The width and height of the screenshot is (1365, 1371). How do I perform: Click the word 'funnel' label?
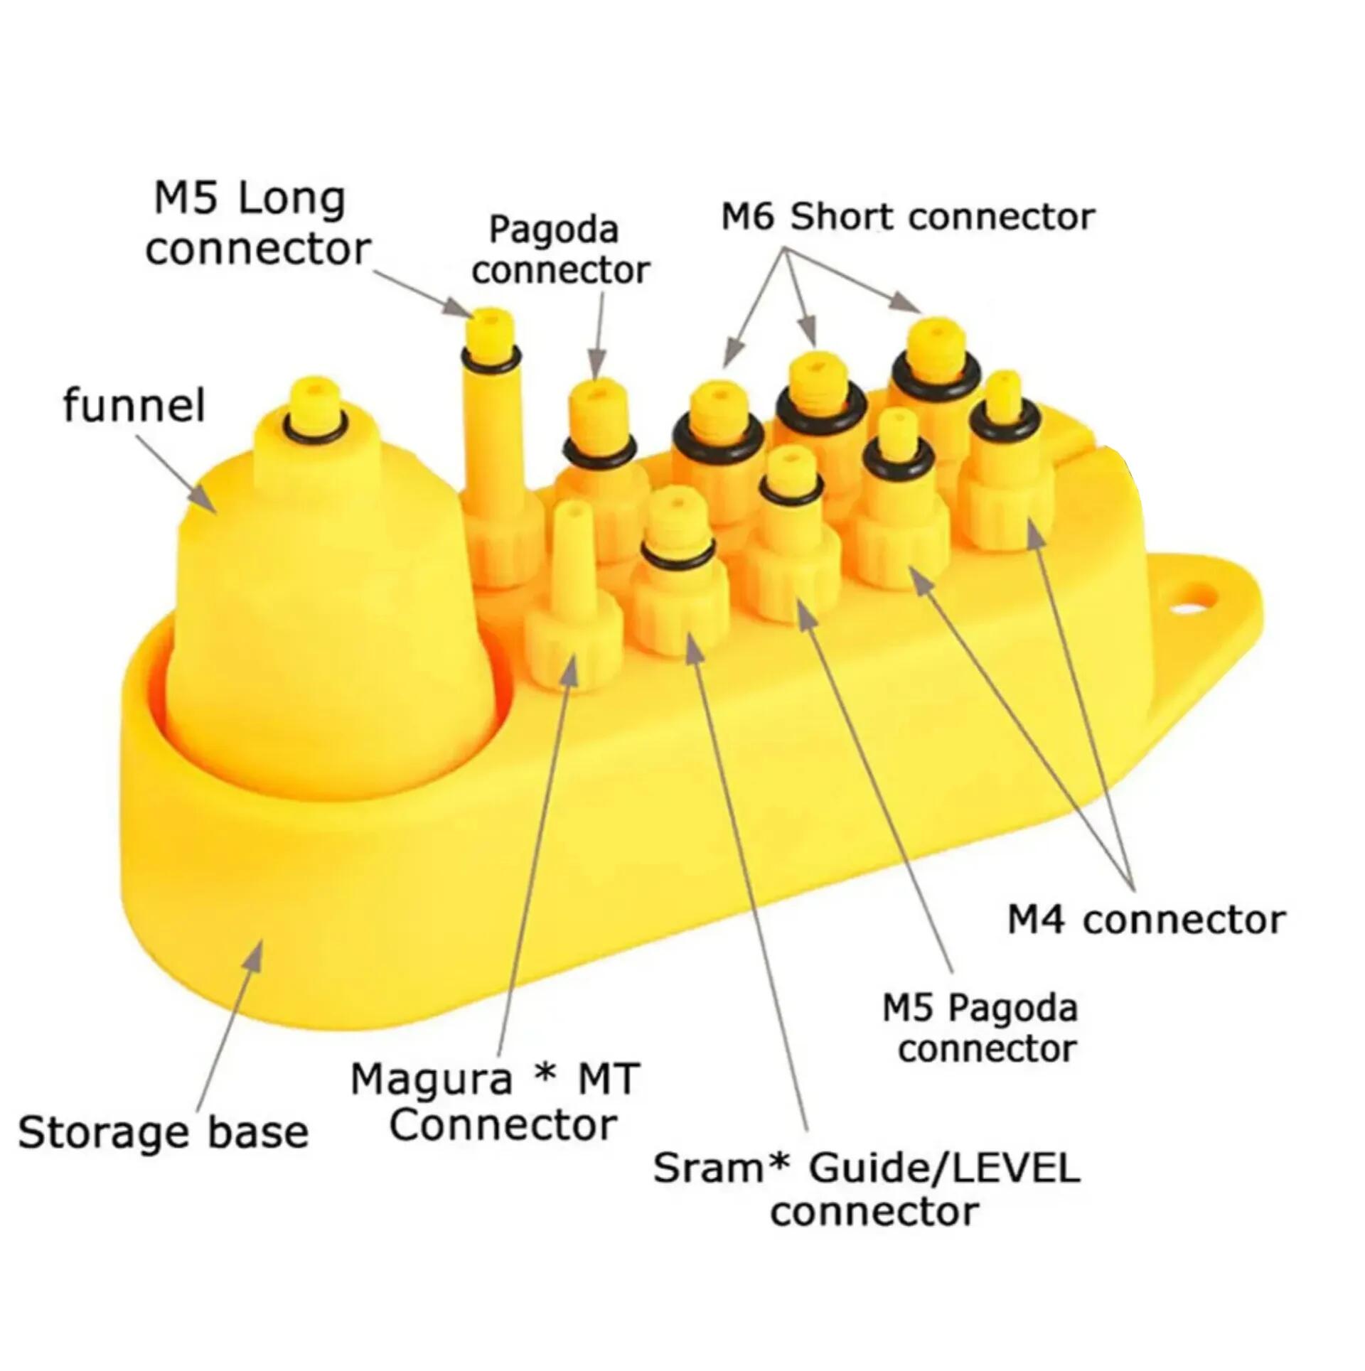point(134,406)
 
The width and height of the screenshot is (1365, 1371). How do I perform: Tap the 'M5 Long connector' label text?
point(257,225)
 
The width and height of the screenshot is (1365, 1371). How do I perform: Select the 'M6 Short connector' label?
point(908,217)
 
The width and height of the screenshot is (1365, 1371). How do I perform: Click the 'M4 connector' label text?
point(1147,920)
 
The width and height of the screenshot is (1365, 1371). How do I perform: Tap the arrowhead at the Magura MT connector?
point(568,671)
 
